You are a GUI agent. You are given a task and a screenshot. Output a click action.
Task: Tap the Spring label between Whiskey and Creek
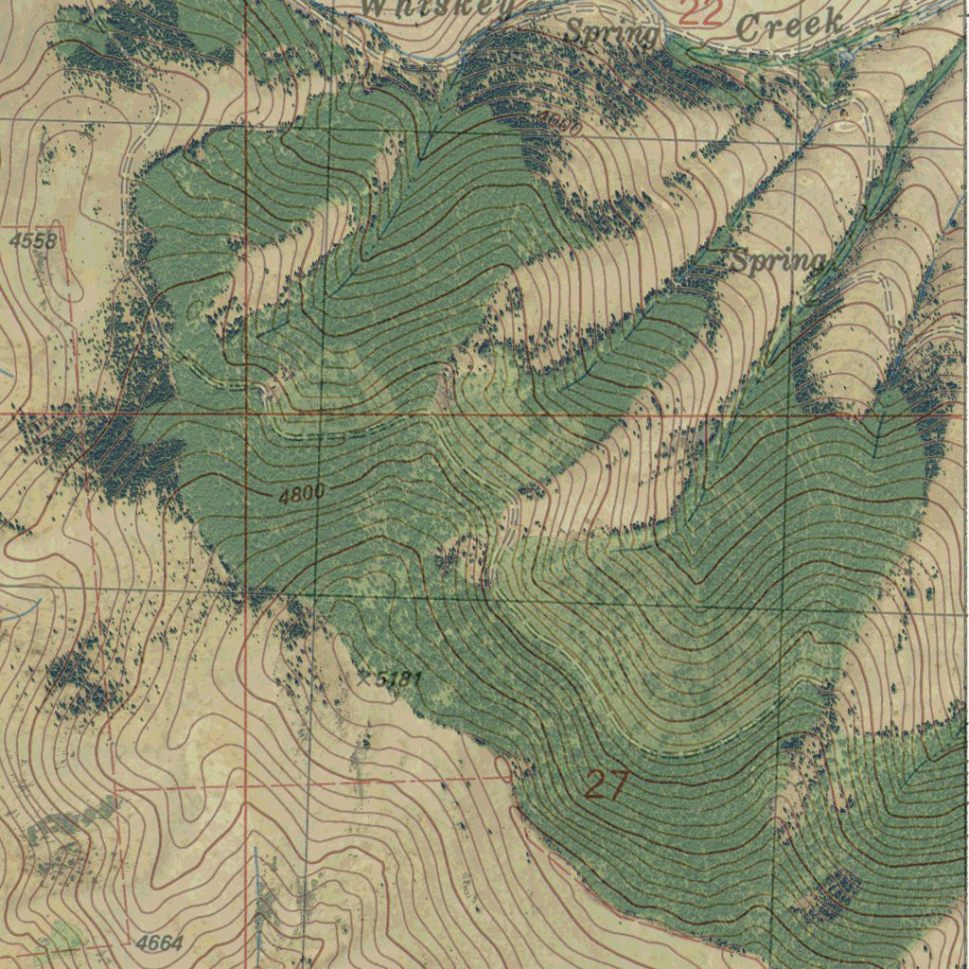pos(610,33)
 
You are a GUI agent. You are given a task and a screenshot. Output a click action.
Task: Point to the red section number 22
pos(700,12)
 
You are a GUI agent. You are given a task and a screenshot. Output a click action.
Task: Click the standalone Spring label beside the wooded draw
pos(777,262)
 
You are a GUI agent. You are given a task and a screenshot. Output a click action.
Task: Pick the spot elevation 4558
pos(33,241)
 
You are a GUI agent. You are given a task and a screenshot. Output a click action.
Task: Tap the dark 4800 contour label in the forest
pos(302,493)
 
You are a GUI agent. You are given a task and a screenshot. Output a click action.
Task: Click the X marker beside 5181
pos(363,678)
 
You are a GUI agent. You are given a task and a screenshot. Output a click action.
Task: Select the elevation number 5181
pos(397,678)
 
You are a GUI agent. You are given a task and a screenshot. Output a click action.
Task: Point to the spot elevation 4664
pos(158,943)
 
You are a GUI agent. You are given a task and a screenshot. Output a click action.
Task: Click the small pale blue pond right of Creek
pos(845,57)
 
